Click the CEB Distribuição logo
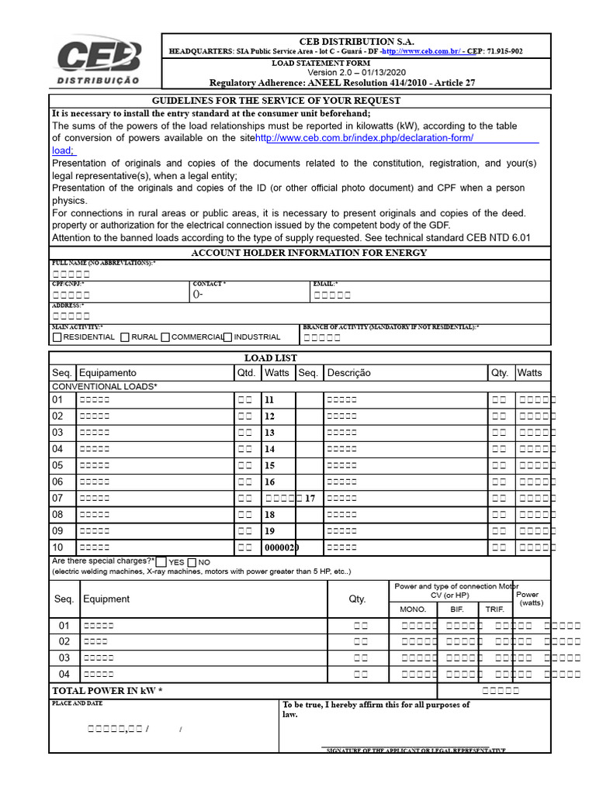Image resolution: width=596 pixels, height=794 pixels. click(98, 62)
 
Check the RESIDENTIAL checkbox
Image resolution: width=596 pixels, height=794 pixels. click(57, 337)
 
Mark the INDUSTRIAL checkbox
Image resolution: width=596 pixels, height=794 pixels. click(227, 337)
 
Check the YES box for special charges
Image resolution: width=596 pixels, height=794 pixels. click(161, 561)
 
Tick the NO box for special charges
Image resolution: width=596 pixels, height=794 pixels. click(192, 561)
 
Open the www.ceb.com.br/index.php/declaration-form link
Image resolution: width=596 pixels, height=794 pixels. click(364, 138)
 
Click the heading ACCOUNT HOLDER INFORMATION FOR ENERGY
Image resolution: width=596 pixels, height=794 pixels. click(309, 253)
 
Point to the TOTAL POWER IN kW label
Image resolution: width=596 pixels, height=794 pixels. click(107, 690)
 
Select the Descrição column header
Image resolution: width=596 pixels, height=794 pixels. click(349, 373)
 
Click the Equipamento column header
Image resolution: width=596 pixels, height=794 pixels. click(107, 373)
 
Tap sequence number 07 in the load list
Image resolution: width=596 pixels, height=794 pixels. click(57, 498)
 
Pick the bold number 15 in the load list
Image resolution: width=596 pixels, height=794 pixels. click(269, 465)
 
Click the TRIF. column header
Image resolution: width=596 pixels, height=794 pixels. click(494, 609)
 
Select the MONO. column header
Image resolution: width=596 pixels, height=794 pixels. click(413, 609)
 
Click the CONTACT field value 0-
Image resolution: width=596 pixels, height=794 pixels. click(198, 295)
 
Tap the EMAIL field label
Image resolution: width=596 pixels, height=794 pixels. click(325, 285)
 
